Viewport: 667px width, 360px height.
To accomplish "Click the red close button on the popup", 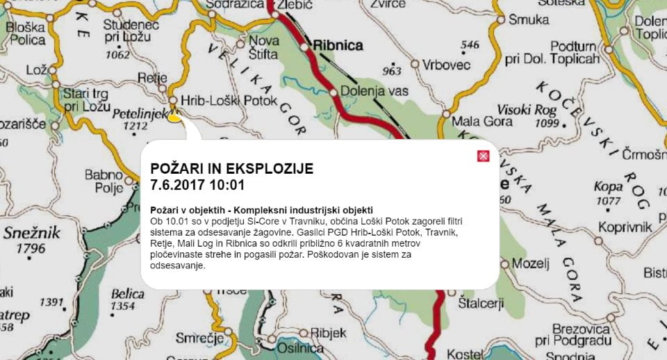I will point(484,156).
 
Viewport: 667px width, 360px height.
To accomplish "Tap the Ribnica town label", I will point(338,46).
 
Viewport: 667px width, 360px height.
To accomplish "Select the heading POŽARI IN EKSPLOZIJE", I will point(232,168).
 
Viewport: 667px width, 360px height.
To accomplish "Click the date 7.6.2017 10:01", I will point(197,185).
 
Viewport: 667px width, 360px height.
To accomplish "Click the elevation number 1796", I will point(32,248).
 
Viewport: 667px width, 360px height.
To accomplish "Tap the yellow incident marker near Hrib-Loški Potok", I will point(174,117).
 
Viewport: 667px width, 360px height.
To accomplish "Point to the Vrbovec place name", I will point(447,64).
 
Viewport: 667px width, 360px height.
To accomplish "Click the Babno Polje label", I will point(104,181).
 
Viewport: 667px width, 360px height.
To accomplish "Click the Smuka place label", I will point(529,19).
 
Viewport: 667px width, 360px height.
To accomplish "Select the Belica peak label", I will point(127,294).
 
